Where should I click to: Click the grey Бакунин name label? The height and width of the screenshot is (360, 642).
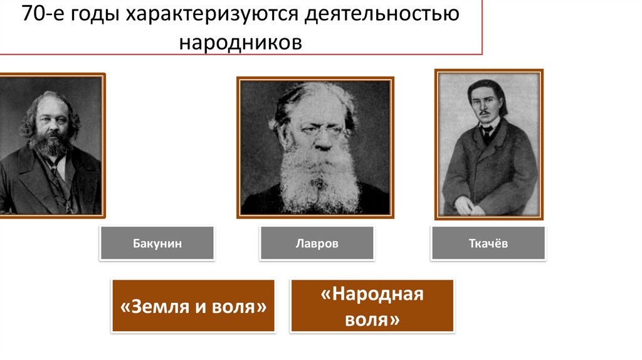[157, 243]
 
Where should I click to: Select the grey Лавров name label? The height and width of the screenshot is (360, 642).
[317, 243]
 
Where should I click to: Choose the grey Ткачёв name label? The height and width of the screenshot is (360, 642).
[488, 243]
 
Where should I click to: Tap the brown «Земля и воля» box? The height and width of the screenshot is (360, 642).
[193, 307]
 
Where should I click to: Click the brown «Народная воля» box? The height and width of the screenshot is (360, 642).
[372, 306]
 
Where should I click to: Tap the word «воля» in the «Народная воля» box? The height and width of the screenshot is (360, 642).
[372, 319]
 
